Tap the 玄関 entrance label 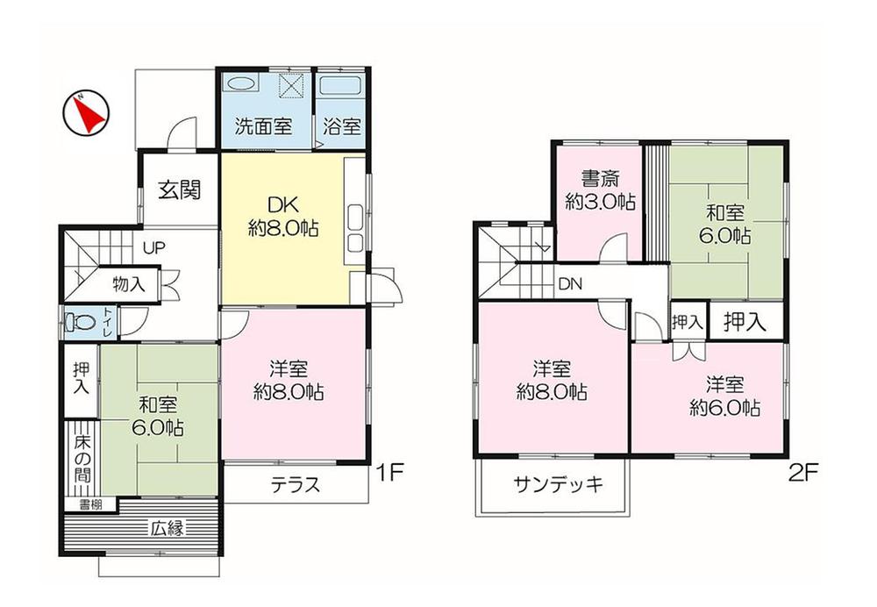point(180,189)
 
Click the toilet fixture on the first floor point(75,321)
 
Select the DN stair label point(570,284)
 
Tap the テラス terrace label point(294,484)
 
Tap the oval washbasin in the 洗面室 point(239,84)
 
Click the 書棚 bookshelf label point(90,504)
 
